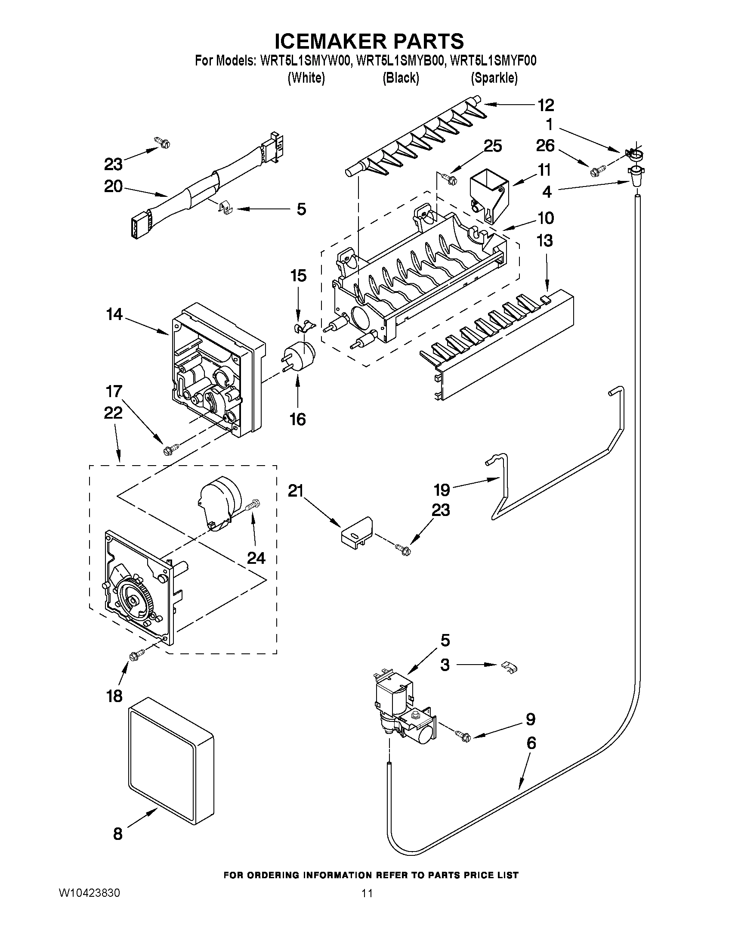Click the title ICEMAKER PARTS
(x=369, y=41)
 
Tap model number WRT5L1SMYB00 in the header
(x=401, y=61)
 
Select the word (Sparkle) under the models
(x=494, y=78)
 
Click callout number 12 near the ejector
(x=546, y=105)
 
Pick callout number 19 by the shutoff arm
(x=442, y=490)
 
